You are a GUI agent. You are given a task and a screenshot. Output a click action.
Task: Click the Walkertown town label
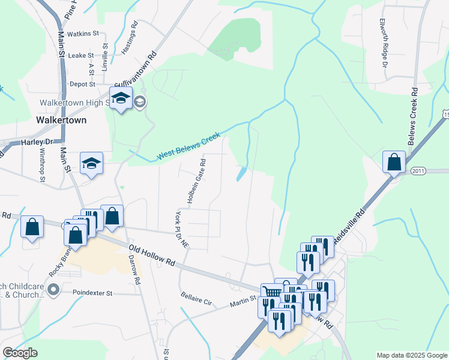pos(61,119)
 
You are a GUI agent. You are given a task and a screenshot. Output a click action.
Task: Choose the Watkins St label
pos(83,34)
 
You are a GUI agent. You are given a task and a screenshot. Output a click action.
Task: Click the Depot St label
pos(83,85)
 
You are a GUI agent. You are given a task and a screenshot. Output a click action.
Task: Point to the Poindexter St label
pos(92,293)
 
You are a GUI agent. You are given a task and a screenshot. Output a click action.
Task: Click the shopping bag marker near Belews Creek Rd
pos(394,161)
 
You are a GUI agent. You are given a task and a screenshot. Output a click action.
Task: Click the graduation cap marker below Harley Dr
pos(91,163)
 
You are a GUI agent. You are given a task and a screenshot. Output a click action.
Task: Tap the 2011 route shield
pos(418,171)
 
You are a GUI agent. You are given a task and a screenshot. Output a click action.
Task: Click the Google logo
pos(20,353)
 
